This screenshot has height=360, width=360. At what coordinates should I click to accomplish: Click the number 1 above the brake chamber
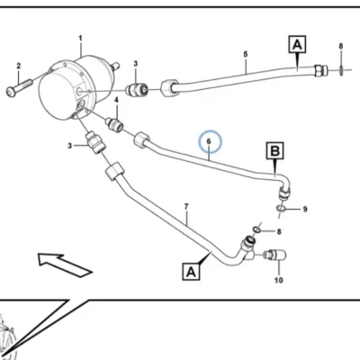tap(80, 39)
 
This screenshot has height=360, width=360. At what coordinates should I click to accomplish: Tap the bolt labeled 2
tap(19, 86)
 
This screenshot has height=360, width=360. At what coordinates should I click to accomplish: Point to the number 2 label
tap(19, 66)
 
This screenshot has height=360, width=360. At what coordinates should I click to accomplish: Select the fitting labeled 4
tap(114, 124)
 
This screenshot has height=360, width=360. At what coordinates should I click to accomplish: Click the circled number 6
tap(209, 141)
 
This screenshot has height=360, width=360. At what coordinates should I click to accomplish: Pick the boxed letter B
tap(275, 150)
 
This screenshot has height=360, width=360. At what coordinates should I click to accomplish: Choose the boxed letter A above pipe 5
tap(297, 44)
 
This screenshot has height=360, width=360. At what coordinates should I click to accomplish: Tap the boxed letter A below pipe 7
tap(191, 272)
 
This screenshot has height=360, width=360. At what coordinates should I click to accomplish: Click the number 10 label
tap(279, 280)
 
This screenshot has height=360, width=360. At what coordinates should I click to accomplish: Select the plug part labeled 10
tap(274, 256)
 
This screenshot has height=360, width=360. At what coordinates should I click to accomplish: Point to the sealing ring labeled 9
tap(281, 209)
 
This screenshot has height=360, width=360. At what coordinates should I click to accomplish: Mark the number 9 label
tap(305, 209)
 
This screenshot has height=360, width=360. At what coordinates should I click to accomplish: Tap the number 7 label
tap(186, 207)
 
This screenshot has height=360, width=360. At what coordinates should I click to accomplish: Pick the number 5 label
tap(246, 54)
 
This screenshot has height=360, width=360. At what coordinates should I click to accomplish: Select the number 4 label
tap(117, 100)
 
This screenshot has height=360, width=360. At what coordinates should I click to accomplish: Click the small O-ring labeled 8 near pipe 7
tap(256, 229)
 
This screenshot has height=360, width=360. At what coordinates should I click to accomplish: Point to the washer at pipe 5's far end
tap(341, 71)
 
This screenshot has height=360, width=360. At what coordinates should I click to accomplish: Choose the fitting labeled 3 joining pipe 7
tap(95, 143)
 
